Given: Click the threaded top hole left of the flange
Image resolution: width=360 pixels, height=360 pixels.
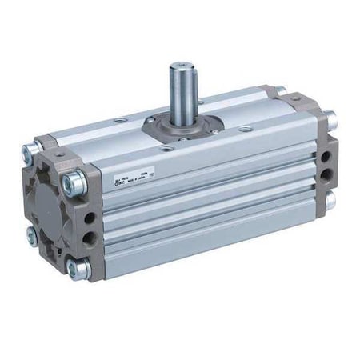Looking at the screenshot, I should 119,121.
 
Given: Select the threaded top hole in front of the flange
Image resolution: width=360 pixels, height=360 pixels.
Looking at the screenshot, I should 166,147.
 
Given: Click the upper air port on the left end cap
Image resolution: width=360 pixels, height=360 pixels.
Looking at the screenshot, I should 90,218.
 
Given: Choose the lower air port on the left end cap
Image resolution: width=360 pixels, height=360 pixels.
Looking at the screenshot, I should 90,238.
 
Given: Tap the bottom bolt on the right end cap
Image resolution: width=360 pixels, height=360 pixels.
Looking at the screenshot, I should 330,200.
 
